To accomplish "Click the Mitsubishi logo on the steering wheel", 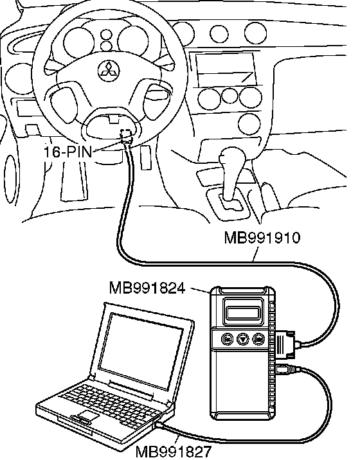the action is coord(109,71).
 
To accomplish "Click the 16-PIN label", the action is coord(68,152).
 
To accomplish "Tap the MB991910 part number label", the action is coord(262,238).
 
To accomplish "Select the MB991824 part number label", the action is coord(147,288).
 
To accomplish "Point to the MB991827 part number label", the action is coord(173,452).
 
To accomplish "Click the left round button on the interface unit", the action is coord(227,339).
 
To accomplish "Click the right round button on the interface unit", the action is coord(258,339).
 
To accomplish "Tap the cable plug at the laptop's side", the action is coord(160,425).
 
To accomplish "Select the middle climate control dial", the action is coord(229,96).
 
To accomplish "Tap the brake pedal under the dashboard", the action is coord(145,158).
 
